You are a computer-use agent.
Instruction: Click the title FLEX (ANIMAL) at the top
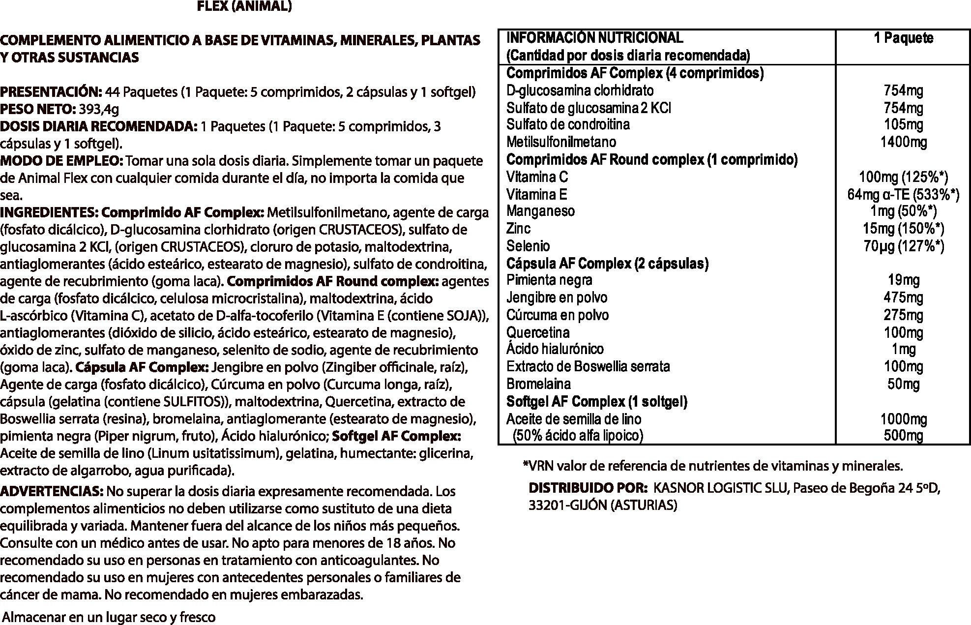pos(244,7)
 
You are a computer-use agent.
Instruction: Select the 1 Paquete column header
pos(903,38)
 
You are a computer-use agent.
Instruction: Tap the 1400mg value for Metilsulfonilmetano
pos(904,142)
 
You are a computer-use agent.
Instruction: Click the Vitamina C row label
pos(537,177)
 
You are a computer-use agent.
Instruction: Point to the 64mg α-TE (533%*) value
pos(903,195)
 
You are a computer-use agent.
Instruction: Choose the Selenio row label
pos(528,246)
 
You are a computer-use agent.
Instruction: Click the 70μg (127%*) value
pos(904,246)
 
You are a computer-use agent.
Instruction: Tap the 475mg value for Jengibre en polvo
pos(904,298)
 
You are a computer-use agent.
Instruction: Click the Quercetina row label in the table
pos(538,332)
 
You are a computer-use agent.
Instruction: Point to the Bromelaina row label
pos(538,384)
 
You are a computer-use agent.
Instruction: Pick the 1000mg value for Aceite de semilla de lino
pos(904,419)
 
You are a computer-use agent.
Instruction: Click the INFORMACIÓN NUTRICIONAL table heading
pos(594,38)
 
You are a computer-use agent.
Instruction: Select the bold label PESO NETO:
pos(37,109)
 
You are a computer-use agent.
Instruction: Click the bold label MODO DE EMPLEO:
pos(62,161)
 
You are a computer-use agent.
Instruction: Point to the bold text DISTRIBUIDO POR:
pos(588,488)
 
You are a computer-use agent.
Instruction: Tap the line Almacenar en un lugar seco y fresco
pos(109,617)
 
